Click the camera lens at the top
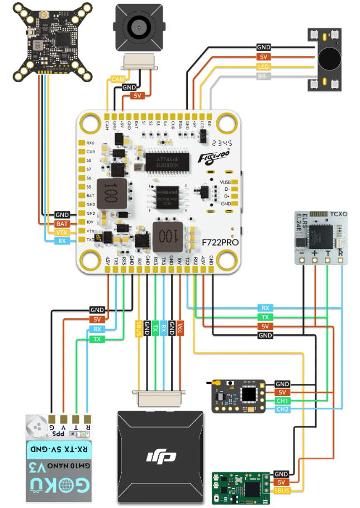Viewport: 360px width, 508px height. coord(136,25)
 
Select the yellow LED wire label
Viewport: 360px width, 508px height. coord(264,67)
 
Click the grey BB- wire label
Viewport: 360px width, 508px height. coord(264,77)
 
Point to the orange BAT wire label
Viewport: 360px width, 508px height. coord(62,223)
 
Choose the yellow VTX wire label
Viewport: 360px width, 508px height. coord(62,232)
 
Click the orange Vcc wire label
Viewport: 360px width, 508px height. coord(181,328)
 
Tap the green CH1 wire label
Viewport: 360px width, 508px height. coord(282,401)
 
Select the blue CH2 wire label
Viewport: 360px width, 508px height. coord(282,410)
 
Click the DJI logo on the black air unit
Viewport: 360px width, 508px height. coord(162,457)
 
